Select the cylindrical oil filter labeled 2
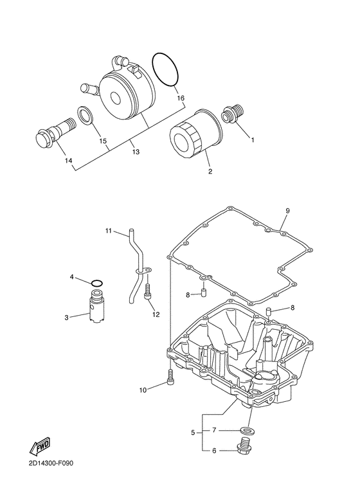tap(195, 135)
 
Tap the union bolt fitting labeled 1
tap(233, 113)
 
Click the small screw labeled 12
tap(147, 291)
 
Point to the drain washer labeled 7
tap(248, 431)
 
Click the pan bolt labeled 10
tap(170, 377)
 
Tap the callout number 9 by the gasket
tap(287, 210)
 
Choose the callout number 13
tap(136, 152)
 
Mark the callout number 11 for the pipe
tap(109, 231)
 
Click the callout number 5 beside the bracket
tap(193, 432)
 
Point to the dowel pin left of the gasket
tap(204, 292)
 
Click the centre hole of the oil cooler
tap(115, 98)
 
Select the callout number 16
tap(181, 98)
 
